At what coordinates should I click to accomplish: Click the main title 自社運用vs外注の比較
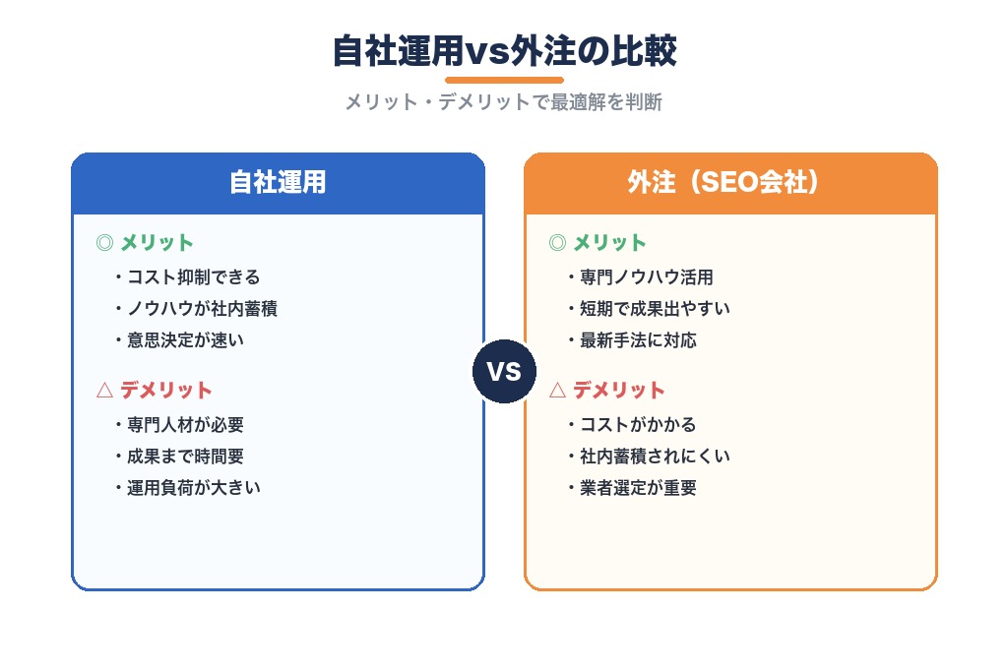(504, 51)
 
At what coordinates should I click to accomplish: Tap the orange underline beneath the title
(504, 80)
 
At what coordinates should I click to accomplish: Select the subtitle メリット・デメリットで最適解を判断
(504, 102)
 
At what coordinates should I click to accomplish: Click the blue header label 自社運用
(278, 183)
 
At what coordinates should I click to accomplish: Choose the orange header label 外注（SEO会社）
(730, 183)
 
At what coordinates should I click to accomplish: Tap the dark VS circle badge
(504, 372)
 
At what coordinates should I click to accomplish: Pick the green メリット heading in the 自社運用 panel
(157, 243)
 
